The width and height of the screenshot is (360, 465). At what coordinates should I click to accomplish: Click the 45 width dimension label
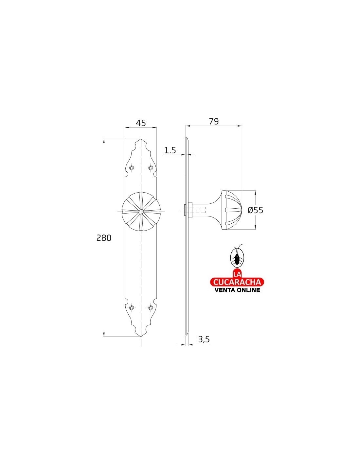[x=141, y=123]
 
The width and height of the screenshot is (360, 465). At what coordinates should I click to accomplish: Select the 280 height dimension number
[x=104, y=238]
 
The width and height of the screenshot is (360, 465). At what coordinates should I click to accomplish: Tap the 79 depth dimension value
[x=214, y=121]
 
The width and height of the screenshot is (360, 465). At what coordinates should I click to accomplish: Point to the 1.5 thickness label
[x=170, y=151]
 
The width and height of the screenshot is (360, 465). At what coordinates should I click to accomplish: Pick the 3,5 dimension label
[x=204, y=339]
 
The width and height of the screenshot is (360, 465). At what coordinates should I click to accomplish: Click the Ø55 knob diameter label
[x=255, y=210]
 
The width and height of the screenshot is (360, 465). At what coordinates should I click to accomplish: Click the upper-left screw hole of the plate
[x=132, y=168]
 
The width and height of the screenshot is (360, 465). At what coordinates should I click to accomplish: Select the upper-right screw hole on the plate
[x=151, y=168]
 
